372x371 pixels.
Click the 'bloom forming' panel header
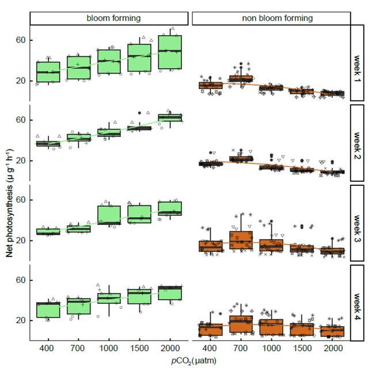coord(110,18)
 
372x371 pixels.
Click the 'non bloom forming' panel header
coord(271,18)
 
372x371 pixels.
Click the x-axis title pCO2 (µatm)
coord(190,362)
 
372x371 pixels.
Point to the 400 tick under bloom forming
coord(48,349)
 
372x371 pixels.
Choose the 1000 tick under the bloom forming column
coord(109,349)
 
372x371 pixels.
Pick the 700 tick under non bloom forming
coord(241,349)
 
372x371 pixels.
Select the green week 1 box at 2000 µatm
coord(170,52)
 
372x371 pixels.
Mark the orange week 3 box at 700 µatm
coord(241,240)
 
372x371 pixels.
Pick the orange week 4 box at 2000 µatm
coord(332,331)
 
